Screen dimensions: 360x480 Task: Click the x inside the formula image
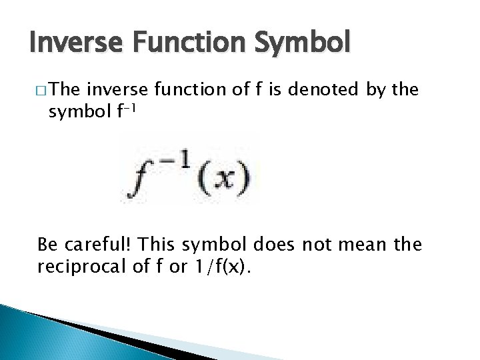[227, 178]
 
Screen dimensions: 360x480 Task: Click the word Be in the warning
[47, 245]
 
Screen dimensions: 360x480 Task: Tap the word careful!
[98, 246]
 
